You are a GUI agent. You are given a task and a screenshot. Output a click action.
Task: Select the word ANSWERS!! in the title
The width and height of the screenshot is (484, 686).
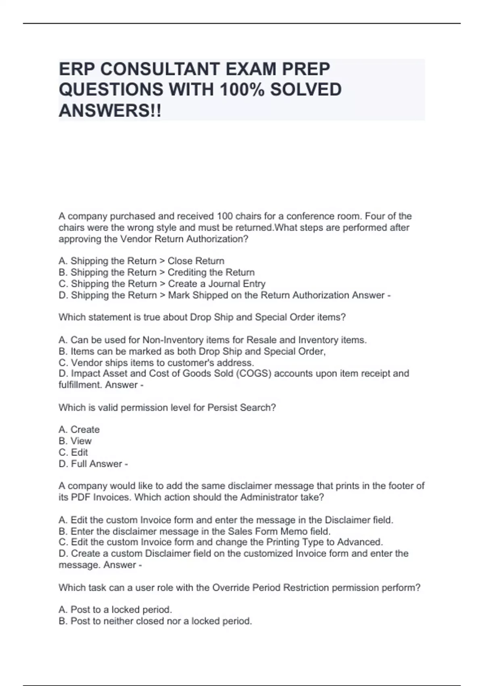pos(110,110)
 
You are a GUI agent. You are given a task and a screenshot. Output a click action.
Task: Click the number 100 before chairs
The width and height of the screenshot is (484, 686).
pos(225,216)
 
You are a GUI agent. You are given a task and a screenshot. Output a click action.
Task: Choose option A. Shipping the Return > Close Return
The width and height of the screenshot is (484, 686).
pos(141,261)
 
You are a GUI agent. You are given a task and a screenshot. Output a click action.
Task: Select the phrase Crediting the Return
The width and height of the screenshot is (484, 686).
pos(211,272)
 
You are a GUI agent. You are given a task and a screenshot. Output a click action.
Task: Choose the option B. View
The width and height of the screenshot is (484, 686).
pos(75,441)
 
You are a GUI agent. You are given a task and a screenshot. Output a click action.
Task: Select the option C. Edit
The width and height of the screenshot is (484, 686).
pos(73,452)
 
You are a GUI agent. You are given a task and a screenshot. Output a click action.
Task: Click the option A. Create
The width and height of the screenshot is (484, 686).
pos(79,430)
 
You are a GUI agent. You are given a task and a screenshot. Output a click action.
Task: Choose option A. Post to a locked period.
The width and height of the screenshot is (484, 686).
pos(115,610)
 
